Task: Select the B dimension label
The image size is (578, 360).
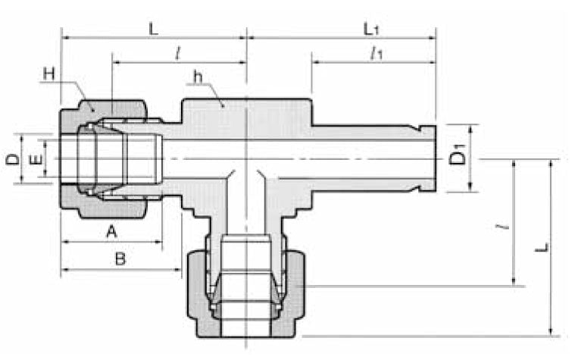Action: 120,259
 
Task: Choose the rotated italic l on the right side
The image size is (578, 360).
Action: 506,224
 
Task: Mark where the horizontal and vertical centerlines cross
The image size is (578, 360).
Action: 247,158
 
